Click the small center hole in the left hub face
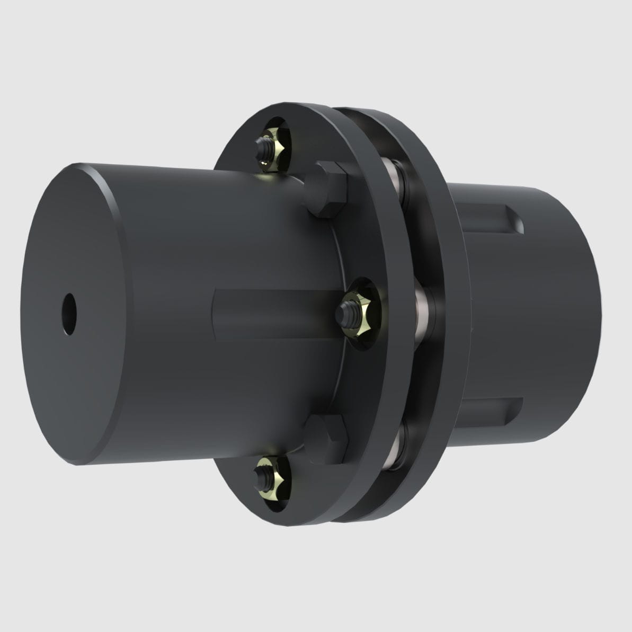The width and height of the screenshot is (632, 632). coord(68,307)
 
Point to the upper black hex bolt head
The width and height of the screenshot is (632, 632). coord(326,189)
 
